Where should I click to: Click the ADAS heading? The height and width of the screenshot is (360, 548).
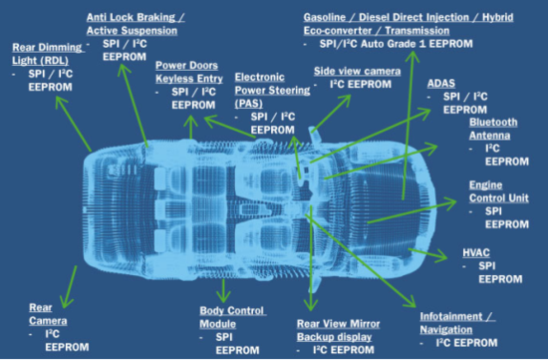tap(441, 83)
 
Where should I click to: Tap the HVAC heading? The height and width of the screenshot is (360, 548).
tap(476, 252)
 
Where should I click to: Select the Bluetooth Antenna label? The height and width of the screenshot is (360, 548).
tap(493, 129)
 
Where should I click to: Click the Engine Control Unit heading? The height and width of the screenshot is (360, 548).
tap(499, 191)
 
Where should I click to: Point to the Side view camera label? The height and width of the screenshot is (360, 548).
tap(357, 71)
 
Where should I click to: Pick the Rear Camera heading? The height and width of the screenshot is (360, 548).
tap(48, 314)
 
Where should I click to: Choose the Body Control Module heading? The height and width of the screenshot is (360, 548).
tap(232, 317)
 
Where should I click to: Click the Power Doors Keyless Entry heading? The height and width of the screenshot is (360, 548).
tap(189, 72)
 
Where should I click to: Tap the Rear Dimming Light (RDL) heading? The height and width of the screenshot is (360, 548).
tap(48, 54)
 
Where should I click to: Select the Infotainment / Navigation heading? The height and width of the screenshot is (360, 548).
tap(457, 323)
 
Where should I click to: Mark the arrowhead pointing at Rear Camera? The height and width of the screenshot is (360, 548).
tap(67, 301)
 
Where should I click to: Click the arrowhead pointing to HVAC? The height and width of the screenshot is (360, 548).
tap(441, 255)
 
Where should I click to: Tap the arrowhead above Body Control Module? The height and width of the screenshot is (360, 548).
tap(223, 296)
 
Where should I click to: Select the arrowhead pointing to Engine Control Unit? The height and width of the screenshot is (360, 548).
tap(449, 202)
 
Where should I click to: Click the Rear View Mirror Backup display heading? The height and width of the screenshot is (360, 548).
tap(339, 330)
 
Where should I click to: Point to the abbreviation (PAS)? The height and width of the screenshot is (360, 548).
tap(248, 104)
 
